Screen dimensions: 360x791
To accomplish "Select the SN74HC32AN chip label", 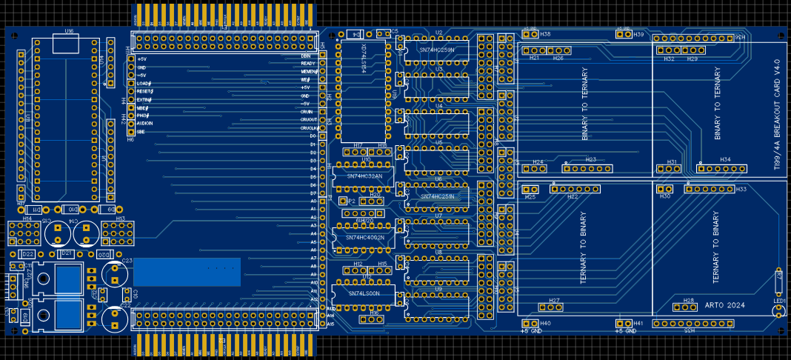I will pos(364,176).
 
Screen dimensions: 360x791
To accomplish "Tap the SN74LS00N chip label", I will pos(364,293).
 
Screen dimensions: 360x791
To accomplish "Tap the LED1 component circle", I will pos(777,311).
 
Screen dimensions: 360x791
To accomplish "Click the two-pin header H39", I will pos(623,34).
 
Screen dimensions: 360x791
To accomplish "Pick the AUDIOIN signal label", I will pos(145,123).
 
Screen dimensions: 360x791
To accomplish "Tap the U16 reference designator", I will pos(69,31).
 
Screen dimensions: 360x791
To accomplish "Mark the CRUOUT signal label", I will pos(309,119).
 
